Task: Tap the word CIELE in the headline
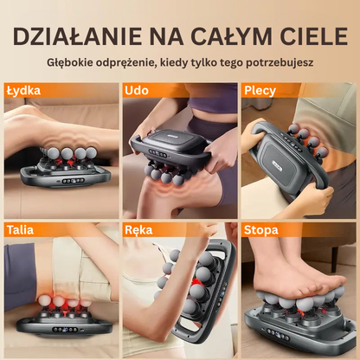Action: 312,36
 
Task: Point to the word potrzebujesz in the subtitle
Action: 280,63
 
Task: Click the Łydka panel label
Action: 23,91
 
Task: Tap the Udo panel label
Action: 137,91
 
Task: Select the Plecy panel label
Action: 260,91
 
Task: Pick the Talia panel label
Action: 20,230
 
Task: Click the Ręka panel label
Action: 138,230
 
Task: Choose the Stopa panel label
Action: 261,230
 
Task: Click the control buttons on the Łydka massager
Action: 74,181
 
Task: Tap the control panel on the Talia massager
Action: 65,329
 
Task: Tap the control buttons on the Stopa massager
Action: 278,334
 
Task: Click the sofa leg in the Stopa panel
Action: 335,259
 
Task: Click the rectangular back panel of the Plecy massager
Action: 284,166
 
